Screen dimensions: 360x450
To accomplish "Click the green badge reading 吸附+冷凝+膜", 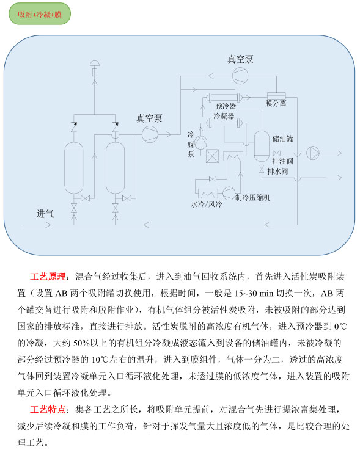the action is coord(40,13).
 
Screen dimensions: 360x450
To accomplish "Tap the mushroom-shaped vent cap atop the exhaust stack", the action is coord(95,63).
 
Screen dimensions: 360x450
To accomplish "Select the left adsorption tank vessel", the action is coord(74,168).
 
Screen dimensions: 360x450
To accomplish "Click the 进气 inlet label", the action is coord(45,214).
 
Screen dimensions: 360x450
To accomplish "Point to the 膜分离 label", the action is coord(276,103).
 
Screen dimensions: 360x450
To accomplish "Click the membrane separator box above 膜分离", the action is coord(276,96).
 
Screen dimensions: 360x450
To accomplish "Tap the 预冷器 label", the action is coord(226,106).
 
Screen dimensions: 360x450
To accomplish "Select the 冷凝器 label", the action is coord(224,116).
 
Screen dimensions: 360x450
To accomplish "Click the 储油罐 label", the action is coord(283,139).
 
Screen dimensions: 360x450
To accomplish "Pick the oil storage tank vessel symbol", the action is coord(262,146).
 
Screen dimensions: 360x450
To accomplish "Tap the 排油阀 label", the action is coord(283,161).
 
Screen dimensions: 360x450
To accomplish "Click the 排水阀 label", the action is coord(277,172).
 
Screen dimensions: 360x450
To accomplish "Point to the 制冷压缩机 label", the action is coord(253,197).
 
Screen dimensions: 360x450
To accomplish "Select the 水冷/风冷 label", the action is coord(206,205).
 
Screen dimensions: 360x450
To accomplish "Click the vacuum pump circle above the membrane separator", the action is coord(240,76).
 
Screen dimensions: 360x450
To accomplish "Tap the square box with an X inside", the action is coord(212,156).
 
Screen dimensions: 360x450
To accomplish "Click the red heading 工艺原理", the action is coord(48,277).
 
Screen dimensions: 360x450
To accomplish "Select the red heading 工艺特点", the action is coord(48,409).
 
